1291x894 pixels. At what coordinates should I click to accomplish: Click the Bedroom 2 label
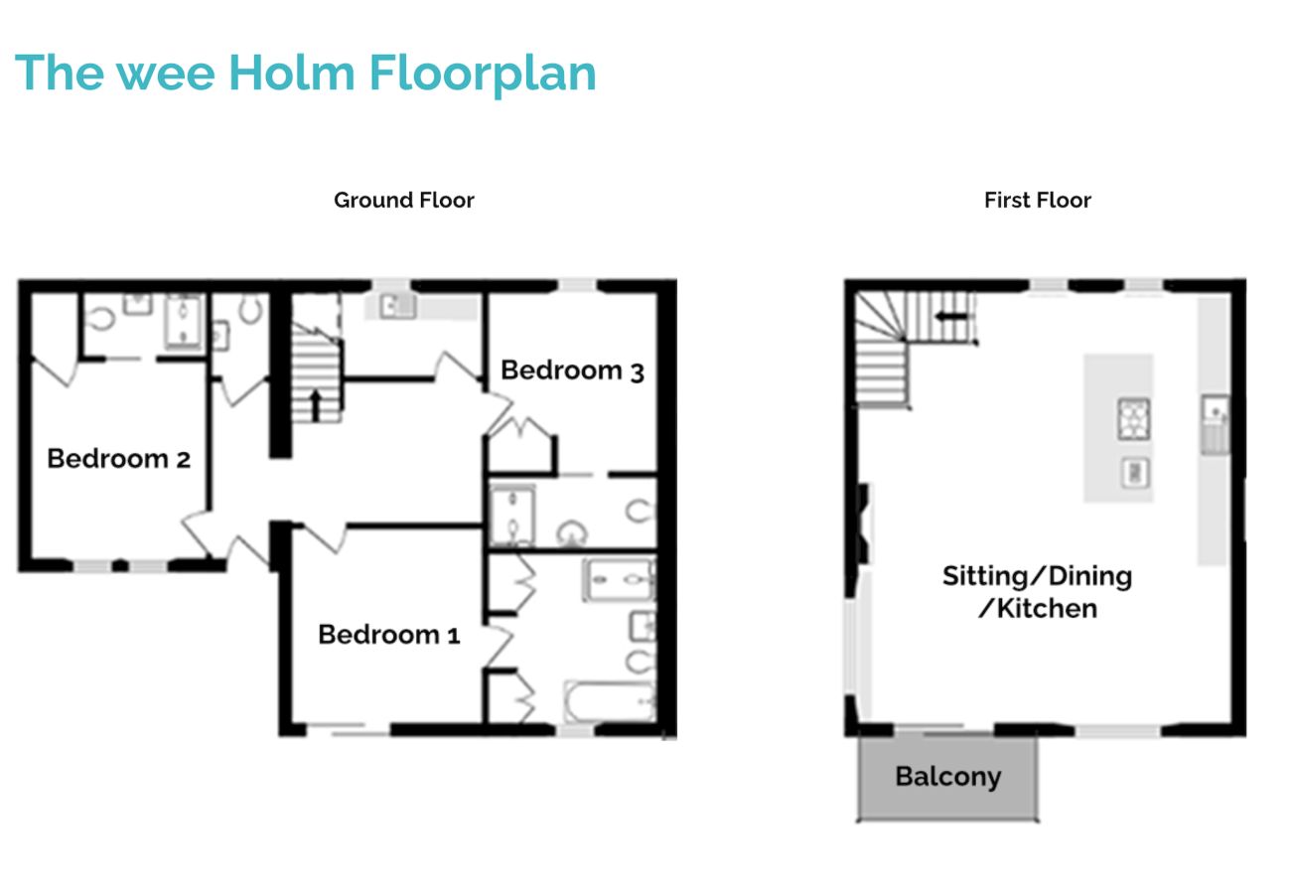click(x=118, y=459)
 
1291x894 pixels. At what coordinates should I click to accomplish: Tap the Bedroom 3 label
click(x=572, y=371)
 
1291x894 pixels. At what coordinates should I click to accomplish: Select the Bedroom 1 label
click(x=388, y=635)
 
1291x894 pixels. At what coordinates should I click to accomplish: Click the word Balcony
click(x=947, y=777)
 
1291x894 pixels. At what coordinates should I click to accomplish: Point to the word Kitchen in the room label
click(x=1045, y=608)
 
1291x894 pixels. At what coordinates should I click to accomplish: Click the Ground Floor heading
click(x=403, y=200)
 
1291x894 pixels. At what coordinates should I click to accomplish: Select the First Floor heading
click(x=1037, y=200)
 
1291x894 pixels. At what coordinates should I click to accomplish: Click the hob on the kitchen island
click(x=1133, y=418)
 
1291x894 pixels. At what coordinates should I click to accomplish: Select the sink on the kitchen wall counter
click(x=1214, y=408)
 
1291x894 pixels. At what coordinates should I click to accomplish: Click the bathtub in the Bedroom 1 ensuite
click(x=608, y=701)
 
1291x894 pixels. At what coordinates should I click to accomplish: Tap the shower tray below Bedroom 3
click(x=511, y=516)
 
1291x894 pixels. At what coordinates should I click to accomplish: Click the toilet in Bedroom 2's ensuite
click(x=100, y=319)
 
